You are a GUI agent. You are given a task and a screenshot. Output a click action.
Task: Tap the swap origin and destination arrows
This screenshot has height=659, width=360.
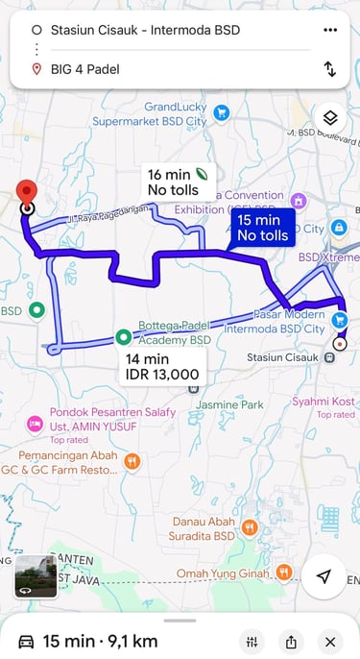tap(330, 69)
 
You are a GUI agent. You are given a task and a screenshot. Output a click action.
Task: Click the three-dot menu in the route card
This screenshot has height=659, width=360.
tap(330, 30)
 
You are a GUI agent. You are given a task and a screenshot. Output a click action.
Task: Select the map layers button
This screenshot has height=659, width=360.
tap(330, 118)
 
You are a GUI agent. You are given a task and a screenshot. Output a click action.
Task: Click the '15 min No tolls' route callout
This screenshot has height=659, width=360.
tap(262, 228)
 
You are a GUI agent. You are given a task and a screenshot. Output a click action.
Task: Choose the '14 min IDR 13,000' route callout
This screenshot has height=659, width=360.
tap(162, 366)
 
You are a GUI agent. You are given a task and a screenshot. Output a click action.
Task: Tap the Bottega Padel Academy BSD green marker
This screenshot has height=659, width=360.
tap(124, 336)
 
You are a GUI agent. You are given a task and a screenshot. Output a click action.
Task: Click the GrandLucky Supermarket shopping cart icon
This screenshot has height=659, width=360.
tap(222, 113)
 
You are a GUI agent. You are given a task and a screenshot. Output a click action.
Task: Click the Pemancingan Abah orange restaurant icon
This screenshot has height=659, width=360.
tap(132, 461)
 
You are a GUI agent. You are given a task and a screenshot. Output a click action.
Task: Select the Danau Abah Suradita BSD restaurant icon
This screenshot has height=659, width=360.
tap(250, 526)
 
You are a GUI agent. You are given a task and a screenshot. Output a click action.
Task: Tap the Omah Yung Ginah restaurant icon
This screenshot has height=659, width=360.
tap(283, 573)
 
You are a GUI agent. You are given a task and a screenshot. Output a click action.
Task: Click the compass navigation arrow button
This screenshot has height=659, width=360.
tap(324, 576)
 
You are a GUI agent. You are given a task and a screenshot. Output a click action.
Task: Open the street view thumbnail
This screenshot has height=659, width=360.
tap(36, 575)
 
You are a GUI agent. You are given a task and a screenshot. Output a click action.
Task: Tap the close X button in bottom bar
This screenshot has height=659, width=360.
tap(330, 642)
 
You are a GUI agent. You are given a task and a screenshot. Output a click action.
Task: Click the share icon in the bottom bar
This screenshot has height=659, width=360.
tap(291, 642)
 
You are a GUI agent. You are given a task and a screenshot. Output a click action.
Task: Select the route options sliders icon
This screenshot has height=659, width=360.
tap(252, 642)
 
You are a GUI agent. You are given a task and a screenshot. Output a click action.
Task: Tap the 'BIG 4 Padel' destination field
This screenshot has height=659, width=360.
tap(163, 69)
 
